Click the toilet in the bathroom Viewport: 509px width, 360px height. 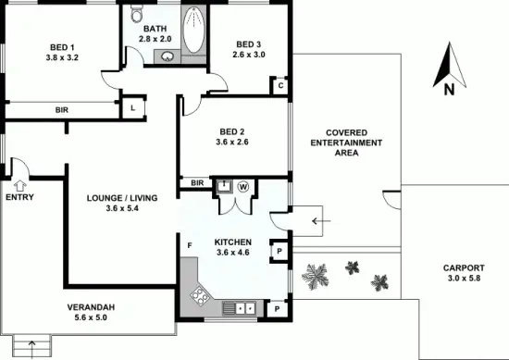(x=136, y=13)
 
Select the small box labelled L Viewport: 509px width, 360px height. (x=133, y=107)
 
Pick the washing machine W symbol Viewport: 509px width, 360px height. (x=243, y=185)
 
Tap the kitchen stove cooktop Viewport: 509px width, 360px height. (x=200, y=297)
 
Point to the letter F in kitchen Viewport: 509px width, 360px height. (x=189, y=245)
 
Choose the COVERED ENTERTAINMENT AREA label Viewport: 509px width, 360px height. (x=346, y=143)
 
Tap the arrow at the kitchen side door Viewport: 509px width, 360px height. (x=320, y=221)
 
